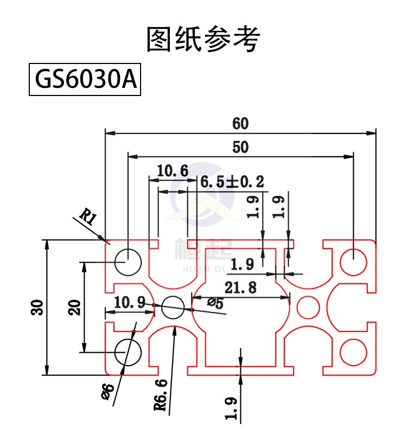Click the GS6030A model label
85,79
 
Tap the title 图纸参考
203,39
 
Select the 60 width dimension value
240,124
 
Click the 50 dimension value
240,147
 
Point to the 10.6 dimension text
173,170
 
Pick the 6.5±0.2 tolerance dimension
232,182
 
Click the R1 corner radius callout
88,216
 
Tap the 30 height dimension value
37,307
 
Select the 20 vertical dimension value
74,307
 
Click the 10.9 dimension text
130,302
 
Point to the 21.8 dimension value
240,288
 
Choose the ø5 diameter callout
215,303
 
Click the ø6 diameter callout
107,392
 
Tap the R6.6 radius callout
161,395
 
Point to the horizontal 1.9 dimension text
242,264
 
